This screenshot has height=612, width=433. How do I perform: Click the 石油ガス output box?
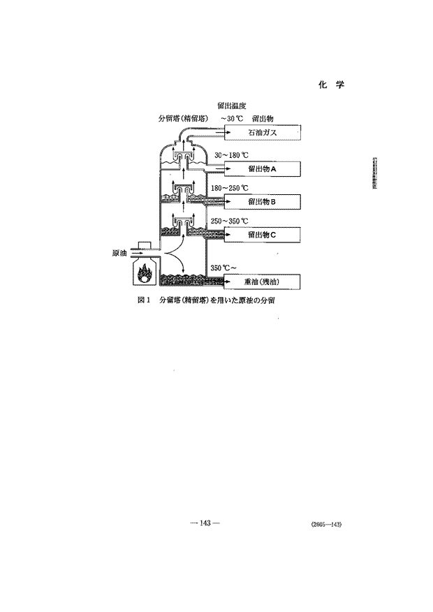[x=262, y=132]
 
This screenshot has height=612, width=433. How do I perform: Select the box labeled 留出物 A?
[x=262, y=169]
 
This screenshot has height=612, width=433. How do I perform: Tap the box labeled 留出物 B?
[x=262, y=202]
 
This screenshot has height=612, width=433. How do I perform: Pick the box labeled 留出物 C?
[x=262, y=235]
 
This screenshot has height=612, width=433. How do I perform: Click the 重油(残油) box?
[x=262, y=282]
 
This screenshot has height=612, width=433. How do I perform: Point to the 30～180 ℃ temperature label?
[x=231, y=155]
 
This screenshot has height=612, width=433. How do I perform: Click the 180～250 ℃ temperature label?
[x=229, y=188]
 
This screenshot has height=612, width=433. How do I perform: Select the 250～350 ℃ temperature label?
[x=229, y=221]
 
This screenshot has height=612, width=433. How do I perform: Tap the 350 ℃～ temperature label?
[x=223, y=268]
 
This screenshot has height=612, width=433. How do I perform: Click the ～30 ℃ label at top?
[x=232, y=119]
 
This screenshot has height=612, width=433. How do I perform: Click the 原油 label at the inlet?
[x=119, y=254]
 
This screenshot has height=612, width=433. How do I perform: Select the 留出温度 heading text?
[x=232, y=105]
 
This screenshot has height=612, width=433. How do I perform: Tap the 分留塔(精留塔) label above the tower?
[x=183, y=119]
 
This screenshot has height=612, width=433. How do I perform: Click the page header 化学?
[x=332, y=85]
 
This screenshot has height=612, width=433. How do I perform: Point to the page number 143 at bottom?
[x=205, y=523]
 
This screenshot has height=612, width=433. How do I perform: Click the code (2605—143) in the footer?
[x=327, y=525]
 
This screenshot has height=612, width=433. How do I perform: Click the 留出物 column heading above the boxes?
[x=263, y=119]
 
